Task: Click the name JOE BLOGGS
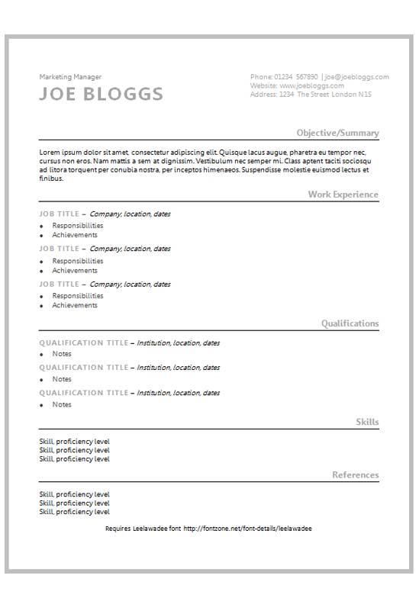pyautogui.click(x=101, y=94)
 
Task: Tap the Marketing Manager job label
pyautogui.click(x=70, y=76)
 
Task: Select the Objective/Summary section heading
pyautogui.click(x=337, y=133)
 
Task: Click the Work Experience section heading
pyautogui.click(x=343, y=195)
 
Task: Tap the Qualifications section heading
pyautogui.click(x=350, y=323)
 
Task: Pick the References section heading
pyautogui.click(x=355, y=475)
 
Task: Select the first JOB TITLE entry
pyautogui.click(x=59, y=214)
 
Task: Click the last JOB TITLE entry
pyautogui.click(x=59, y=285)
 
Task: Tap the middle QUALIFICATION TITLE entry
pyautogui.click(x=83, y=368)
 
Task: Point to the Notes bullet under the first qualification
pyautogui.click(x=62, y=354)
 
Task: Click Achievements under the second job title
pyautogui.click(x=75, y=270)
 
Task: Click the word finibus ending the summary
pyautogui.click(x=51, y=179)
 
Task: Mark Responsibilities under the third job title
pyautogui.click(x=77, y=296)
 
